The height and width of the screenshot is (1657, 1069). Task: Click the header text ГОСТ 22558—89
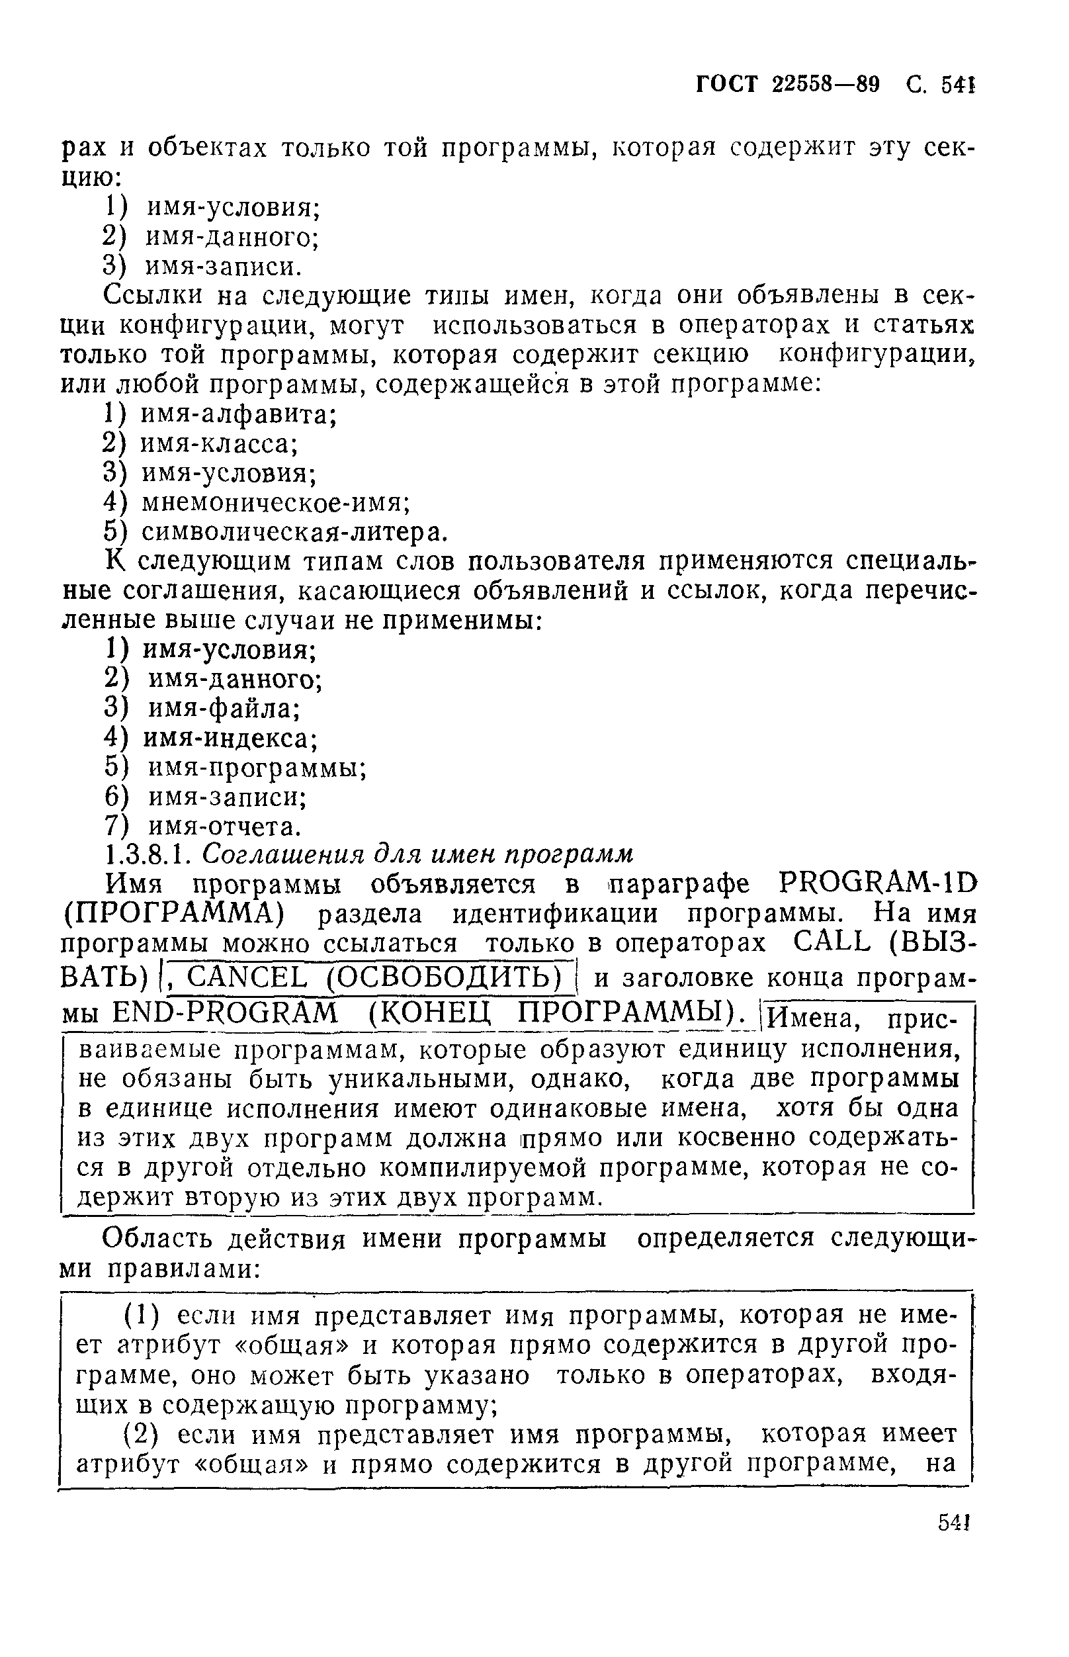(787, 85)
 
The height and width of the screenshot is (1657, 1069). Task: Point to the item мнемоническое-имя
(276, 502)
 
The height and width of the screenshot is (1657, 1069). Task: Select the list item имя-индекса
(230, 738)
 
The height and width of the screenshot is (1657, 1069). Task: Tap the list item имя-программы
(257, 768)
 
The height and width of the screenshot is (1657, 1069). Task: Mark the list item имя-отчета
(225, 827)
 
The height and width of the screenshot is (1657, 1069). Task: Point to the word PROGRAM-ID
(877, 884)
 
